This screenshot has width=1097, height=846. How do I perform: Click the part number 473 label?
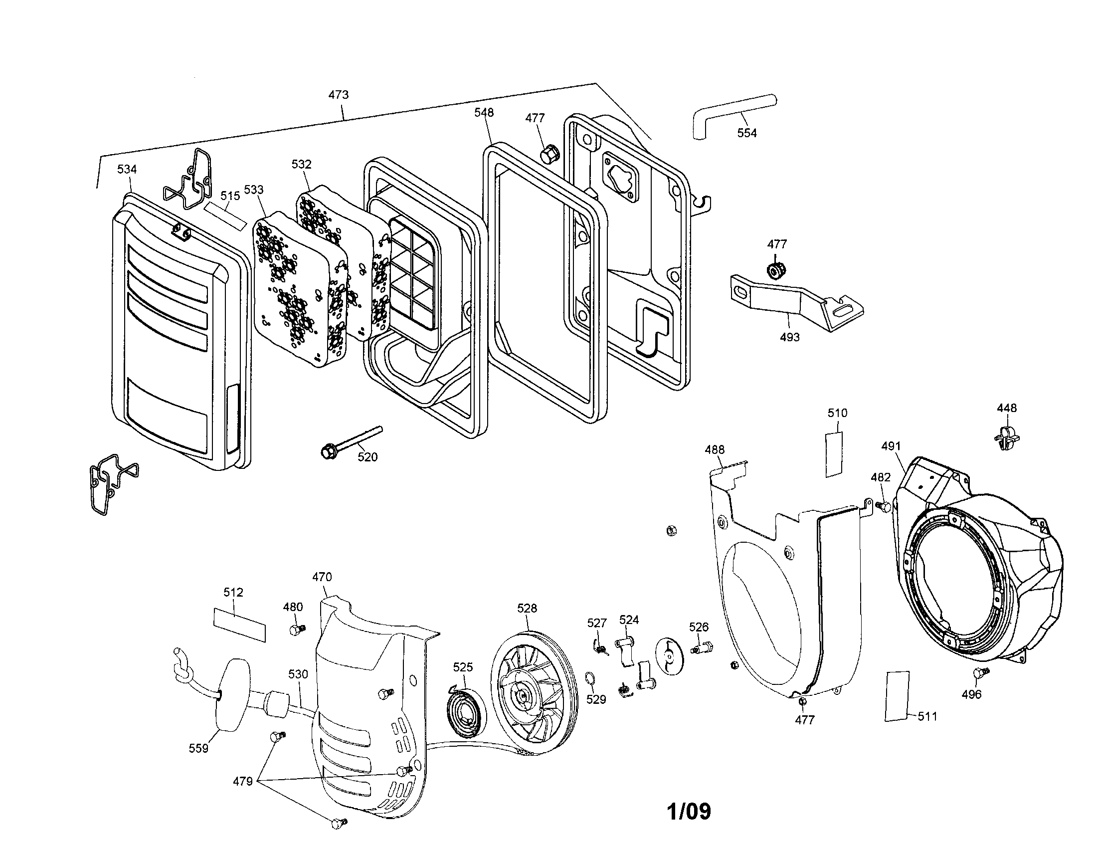pos(338,94)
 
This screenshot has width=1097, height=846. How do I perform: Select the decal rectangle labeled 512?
pos(239,625)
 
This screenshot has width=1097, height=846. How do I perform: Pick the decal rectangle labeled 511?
pos(897,696)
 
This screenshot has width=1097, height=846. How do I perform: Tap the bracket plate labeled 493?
pos(794,301)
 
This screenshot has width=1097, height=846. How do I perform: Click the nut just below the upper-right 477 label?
pos(776,269)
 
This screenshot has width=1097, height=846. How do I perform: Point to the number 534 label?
pos(127,169)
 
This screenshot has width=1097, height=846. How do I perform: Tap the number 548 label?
pos(483,113)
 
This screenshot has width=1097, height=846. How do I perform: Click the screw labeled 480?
pos(297,630)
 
